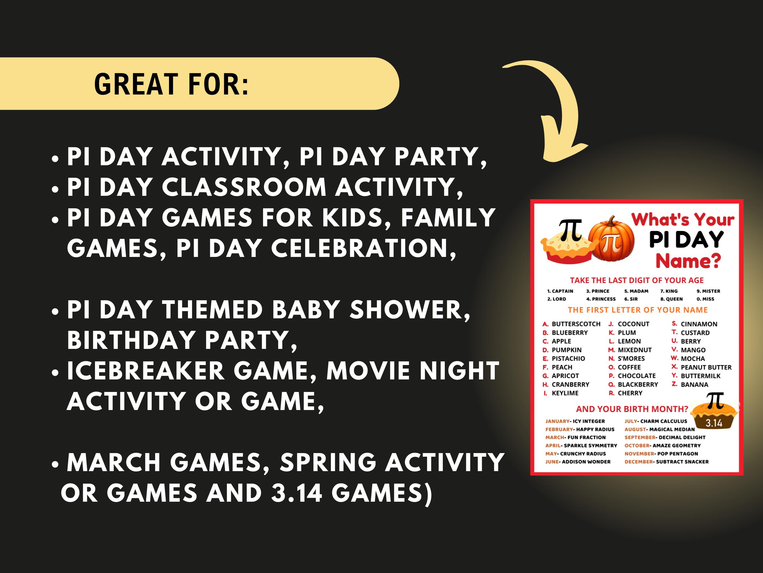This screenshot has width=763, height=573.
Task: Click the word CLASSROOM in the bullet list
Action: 244,187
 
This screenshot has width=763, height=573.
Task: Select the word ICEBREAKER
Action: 145,371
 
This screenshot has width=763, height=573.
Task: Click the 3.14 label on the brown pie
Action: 714,423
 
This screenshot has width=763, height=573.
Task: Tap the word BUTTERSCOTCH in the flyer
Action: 576,324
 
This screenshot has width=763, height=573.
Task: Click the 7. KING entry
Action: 669,291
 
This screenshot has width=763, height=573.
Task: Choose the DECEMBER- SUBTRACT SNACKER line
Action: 666,462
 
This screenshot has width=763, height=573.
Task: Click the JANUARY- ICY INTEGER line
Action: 575,421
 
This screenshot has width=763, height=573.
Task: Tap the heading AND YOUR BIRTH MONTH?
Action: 632,409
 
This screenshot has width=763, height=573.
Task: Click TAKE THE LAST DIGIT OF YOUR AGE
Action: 636,280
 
